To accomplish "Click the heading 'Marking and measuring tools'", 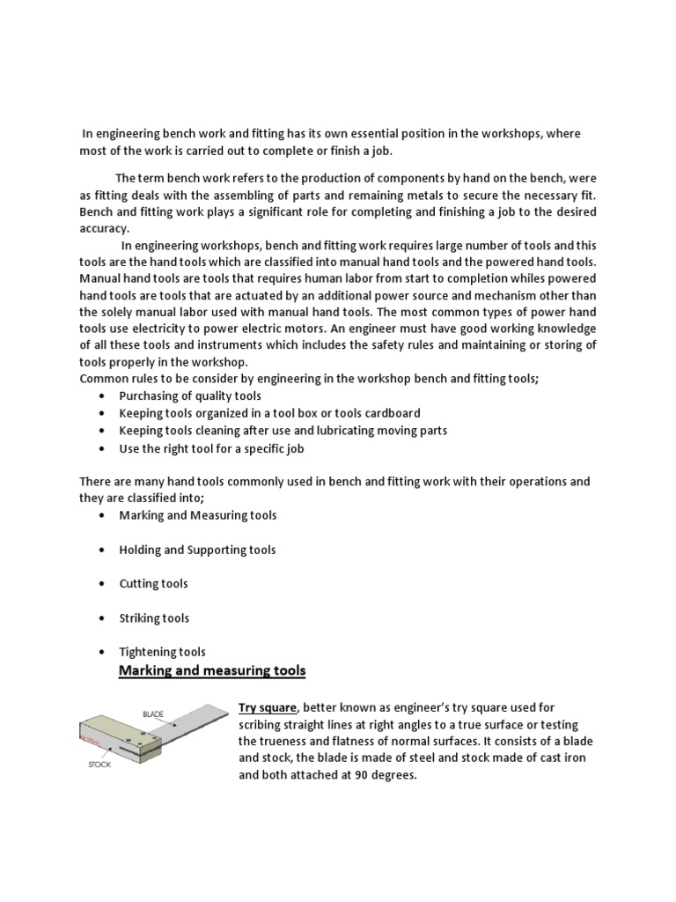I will pyautogui.click(x=212, y=671).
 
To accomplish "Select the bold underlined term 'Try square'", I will pyautogui.click(x=268, y=708).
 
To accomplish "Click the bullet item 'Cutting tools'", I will pyautogui.click(x=153, y=584).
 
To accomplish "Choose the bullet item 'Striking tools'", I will pyautogui.click(x=154, y=618).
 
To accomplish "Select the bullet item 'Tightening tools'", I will pyautogui.click(x=162, y=653).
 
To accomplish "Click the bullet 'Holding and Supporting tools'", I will pyautogui.click(x=197, y=550).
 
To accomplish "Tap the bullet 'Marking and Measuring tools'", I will pyautogui.click(x=197, y=515).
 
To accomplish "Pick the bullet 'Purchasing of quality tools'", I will pyautogui.click(x=190, y=396).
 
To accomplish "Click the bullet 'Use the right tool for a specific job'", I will pyautogui.click(x=212, y=448).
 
